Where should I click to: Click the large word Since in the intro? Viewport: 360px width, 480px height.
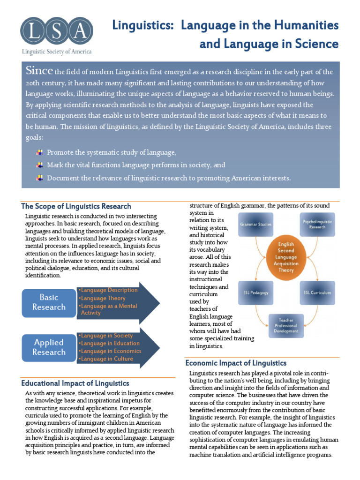(39, 71)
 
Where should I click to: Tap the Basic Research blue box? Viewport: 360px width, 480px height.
(49, 302)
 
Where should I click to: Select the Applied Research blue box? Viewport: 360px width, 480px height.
(49, 347)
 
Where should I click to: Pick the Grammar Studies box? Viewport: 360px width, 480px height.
(256, 224)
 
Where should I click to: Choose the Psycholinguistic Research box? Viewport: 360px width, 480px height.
(317, 224)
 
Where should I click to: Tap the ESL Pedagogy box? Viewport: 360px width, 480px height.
(256, 292)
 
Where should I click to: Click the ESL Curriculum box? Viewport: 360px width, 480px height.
(317, 292)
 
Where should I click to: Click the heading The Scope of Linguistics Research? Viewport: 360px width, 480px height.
(76, 206)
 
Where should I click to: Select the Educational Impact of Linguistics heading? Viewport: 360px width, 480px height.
(75, 383)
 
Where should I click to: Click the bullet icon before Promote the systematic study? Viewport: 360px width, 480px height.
(40, 153)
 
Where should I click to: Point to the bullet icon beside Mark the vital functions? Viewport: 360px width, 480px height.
(40, 165)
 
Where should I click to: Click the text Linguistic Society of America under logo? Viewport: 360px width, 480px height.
(54, 52)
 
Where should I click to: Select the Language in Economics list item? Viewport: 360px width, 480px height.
(111, 351)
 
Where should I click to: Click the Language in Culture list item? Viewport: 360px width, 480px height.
(106, 359)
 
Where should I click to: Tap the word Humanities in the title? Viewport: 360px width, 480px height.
(310, 25)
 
